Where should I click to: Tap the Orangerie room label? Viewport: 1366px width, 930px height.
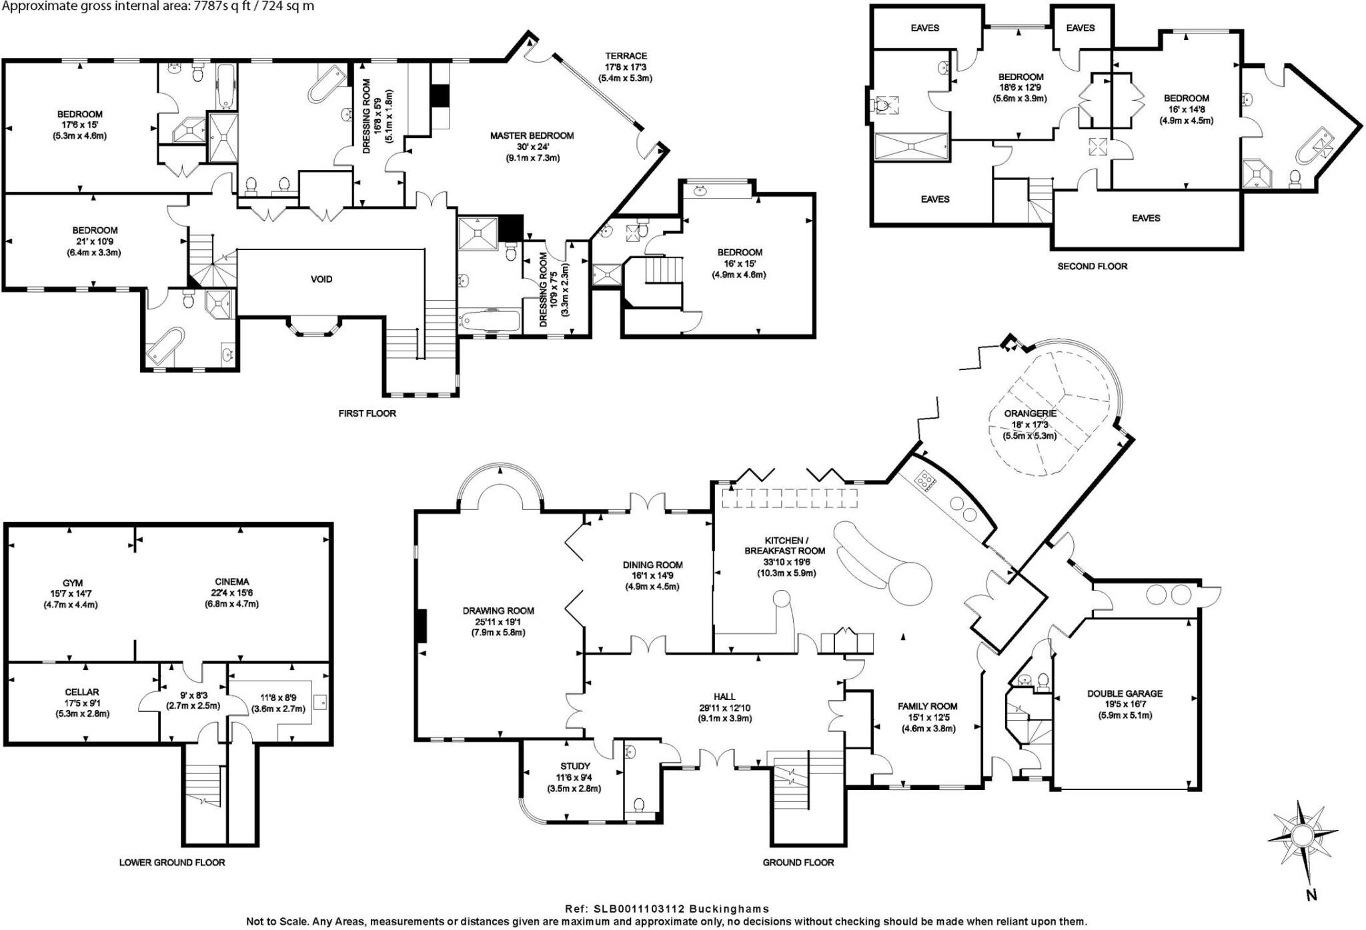tap(1031, 413)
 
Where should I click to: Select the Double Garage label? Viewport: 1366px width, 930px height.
tap(1125, 693)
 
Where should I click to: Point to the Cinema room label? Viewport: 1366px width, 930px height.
tap(231, 582)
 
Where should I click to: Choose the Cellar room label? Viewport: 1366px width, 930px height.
tap(82, 692)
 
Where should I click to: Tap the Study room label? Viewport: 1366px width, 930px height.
tap(574, 766)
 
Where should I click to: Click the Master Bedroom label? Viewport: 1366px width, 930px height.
tap(532, 136)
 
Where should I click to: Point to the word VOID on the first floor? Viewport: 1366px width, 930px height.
tap(321, 279)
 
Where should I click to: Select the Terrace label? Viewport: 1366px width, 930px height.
tap(626, 56)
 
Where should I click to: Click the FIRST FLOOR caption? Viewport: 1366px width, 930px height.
tap(367, 413)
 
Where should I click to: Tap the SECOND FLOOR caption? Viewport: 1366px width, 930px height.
tap(1093, 267)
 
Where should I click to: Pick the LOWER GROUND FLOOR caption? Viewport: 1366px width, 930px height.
tap(172, 862)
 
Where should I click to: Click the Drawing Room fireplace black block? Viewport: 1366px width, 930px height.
tap(421, 626)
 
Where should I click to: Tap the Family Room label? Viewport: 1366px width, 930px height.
tap(927, 706)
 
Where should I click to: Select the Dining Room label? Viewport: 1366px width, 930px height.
tap(652, 565)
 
